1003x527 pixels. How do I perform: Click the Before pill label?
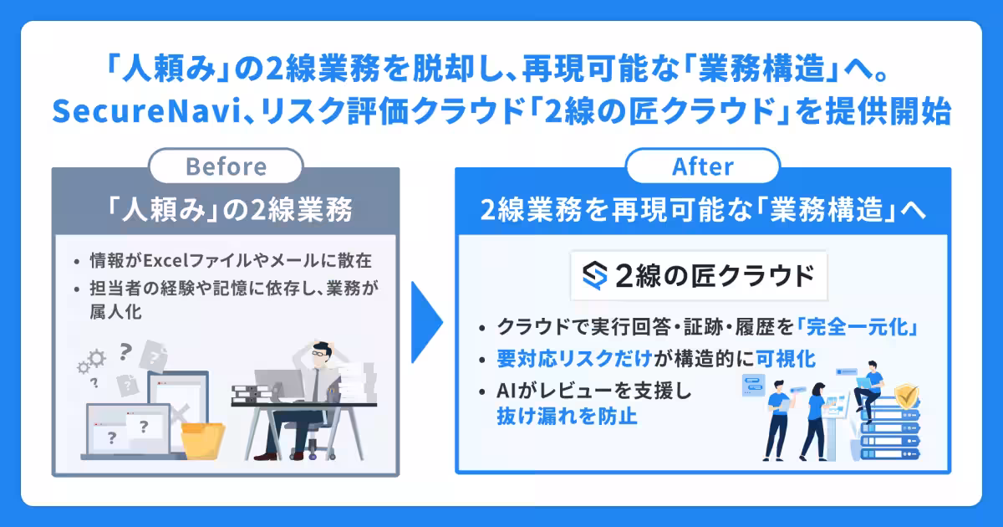coord(226,166)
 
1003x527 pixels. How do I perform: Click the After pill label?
coord(702,166)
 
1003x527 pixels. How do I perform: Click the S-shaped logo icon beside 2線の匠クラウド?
coord(595,275)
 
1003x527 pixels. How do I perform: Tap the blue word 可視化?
coord(786,359)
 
